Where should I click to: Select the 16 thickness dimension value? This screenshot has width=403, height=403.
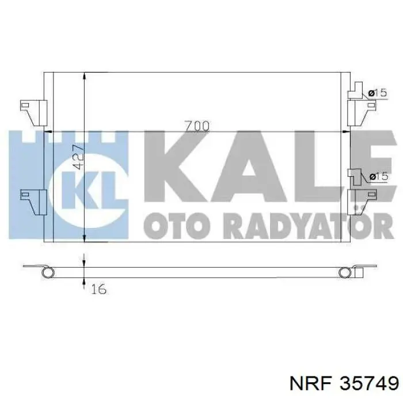pos(98,289)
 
